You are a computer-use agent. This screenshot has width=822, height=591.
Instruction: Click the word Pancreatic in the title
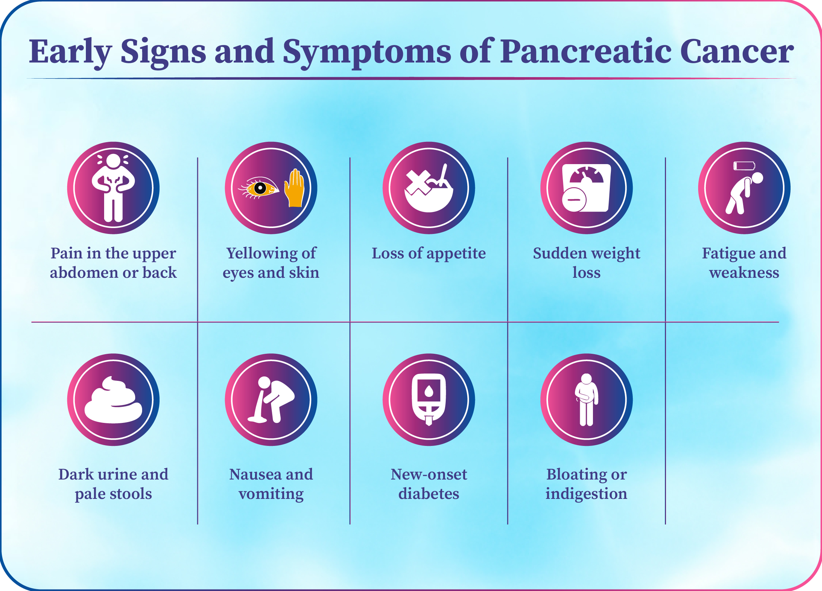[x=586, y=52]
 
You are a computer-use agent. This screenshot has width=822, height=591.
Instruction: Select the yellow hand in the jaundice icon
[x=294, y=188]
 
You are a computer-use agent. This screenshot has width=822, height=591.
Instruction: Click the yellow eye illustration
[x=259, y=188]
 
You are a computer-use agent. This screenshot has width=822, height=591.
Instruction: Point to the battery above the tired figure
[x=744, y=166]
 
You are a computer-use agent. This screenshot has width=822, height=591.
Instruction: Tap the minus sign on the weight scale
[x=574, y=200]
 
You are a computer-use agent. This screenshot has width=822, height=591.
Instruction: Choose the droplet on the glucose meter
[x=429, y=392]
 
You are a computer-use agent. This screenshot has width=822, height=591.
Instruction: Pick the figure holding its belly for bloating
[x=586, y=400]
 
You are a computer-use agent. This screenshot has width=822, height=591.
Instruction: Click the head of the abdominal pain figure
[x=113, y=161]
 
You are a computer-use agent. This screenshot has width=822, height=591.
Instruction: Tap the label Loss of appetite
[x=429, y=253]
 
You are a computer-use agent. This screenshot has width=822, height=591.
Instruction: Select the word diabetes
[x=429, y=493]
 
